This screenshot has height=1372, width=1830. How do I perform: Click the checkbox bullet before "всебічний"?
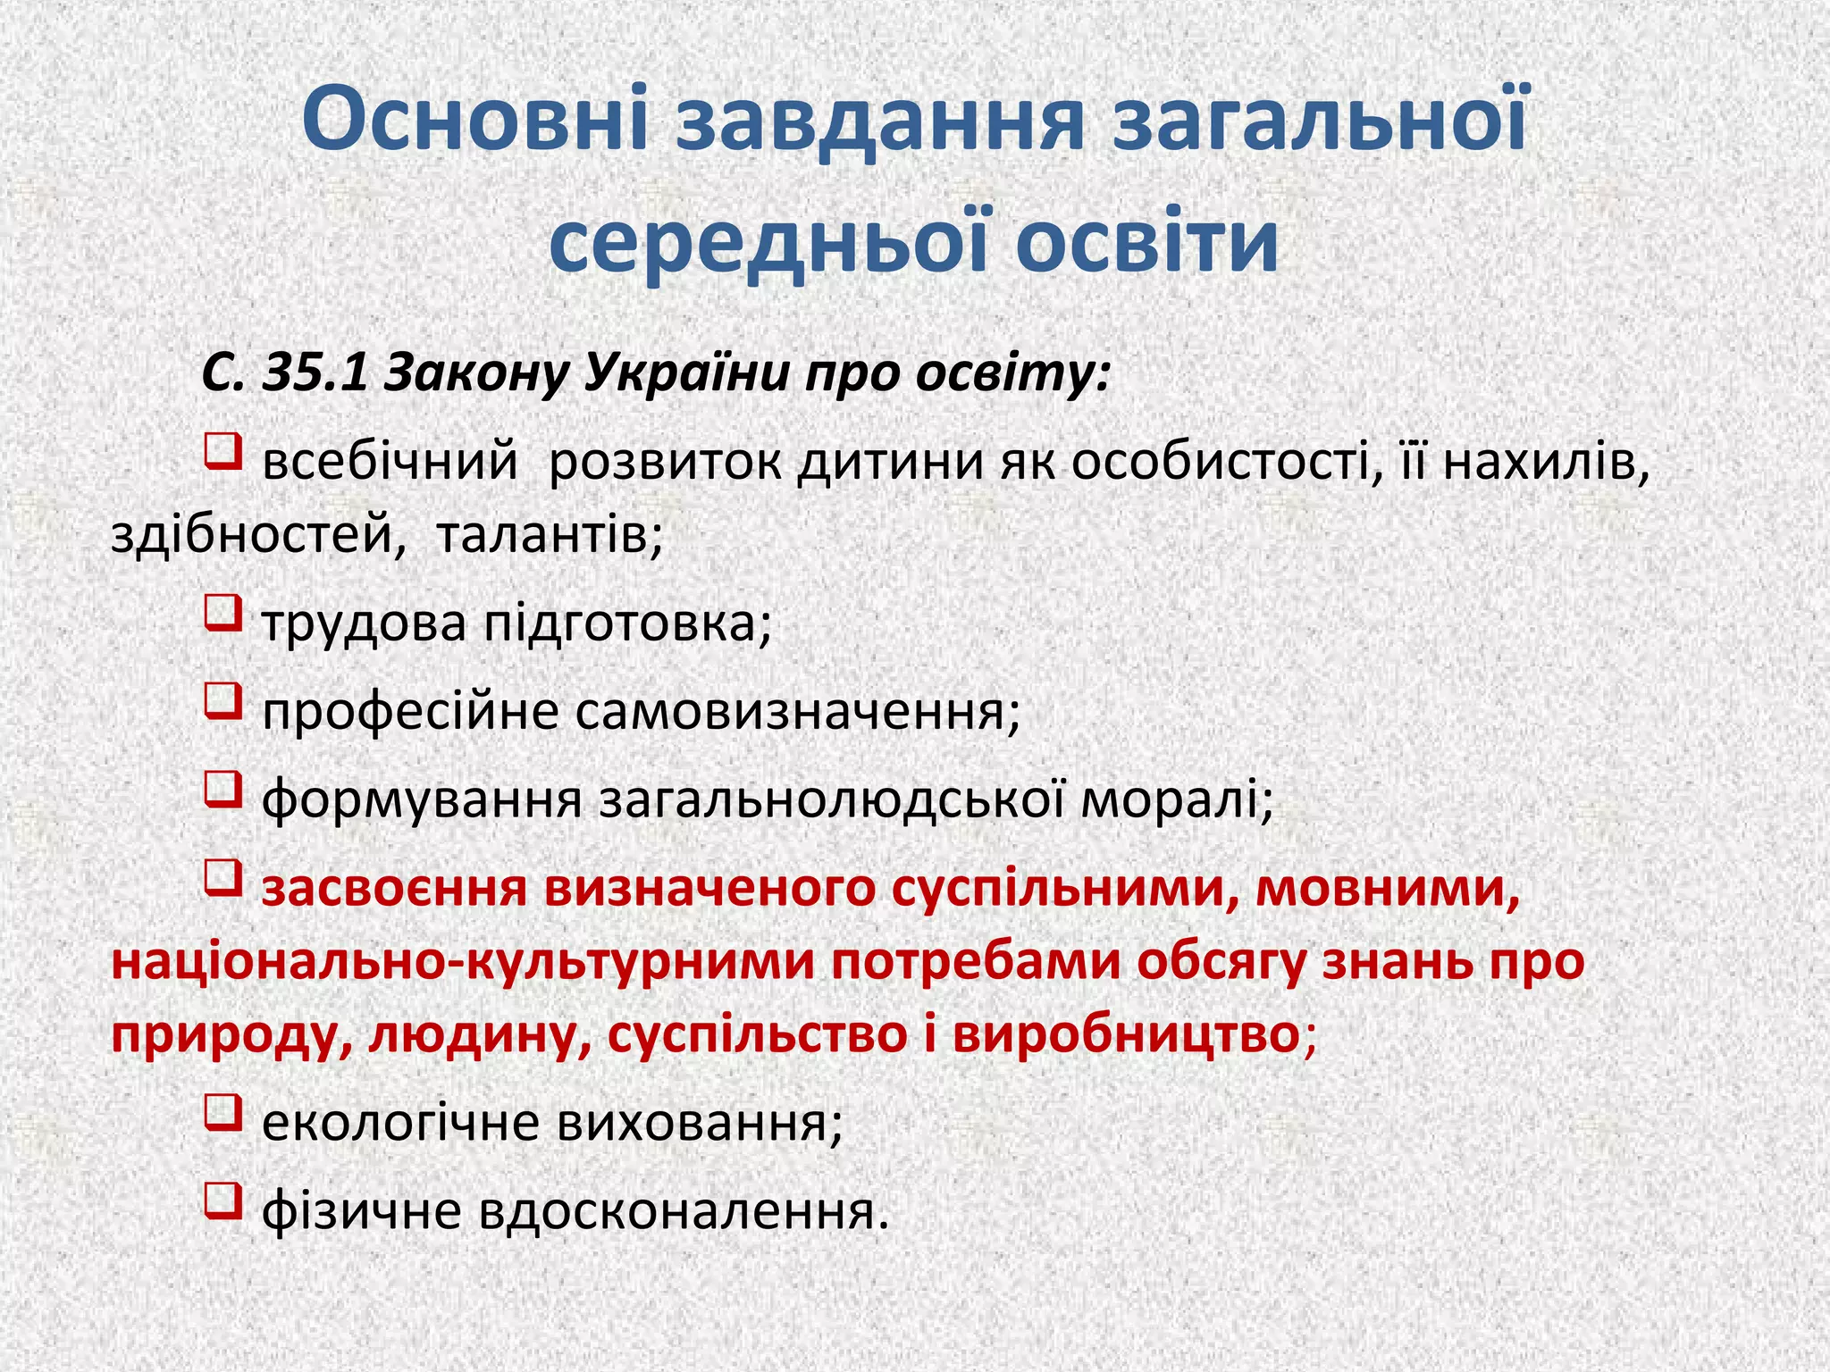(223, 450)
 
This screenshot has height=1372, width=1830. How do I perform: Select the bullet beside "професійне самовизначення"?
(223, 700)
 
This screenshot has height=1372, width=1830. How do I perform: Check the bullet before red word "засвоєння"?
(223, 877)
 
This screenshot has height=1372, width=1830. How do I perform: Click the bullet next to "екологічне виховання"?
(223, 1112)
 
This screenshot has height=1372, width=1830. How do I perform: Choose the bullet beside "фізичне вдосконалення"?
(223, 1200)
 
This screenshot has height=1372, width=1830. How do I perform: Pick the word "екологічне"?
(400, 1124)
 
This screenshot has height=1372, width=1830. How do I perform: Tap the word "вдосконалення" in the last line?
(684, 1212)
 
